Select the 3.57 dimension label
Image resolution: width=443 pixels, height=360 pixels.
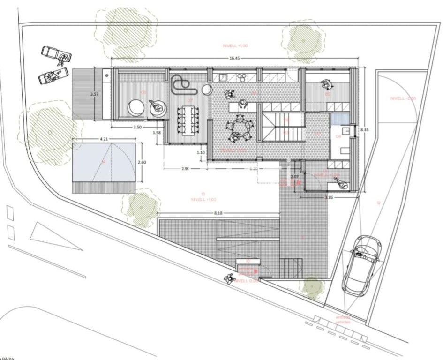(94, 93)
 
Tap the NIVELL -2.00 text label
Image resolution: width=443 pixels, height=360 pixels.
(403, 98)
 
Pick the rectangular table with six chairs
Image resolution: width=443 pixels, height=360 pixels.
(188, 120)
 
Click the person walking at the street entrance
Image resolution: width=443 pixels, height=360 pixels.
(229, 278)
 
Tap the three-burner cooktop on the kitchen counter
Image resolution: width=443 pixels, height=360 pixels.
(242, 76)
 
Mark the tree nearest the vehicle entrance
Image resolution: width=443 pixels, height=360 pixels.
(311, 286)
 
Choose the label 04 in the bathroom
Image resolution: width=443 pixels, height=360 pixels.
(339, 136)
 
